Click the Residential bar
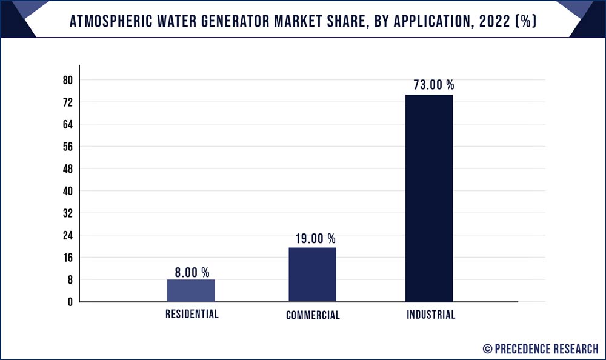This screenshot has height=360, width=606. (x=191, y=290)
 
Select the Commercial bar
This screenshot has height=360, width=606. (x=312, y=274)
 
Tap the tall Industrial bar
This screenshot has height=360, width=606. (x=428, y=198)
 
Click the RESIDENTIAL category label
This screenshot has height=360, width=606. (x=192, y=315)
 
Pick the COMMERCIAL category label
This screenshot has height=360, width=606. (x=313, y=315)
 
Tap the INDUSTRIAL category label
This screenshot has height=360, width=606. (x=431, y=315)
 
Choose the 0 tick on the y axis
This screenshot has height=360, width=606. (x=70, y=302)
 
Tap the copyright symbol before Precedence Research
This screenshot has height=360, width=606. (x=487, y=348)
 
